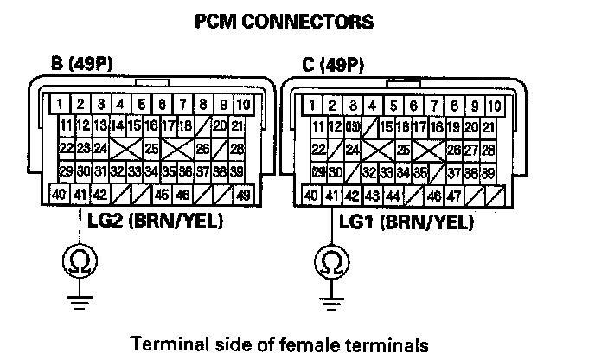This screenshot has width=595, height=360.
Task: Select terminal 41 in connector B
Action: [80, 193]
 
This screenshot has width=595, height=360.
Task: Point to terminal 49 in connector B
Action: [244, 193]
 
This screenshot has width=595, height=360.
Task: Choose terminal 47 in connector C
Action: [453, 194]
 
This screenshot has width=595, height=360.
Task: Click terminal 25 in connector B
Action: [151, 149]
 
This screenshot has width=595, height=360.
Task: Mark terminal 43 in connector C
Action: [373, 194]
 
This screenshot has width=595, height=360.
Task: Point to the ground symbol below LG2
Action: [80, 302]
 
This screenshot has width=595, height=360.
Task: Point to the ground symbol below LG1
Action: [331, 302]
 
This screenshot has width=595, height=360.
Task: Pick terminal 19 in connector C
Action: [453, 127]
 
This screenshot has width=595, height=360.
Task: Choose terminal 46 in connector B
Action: [182, 193]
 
